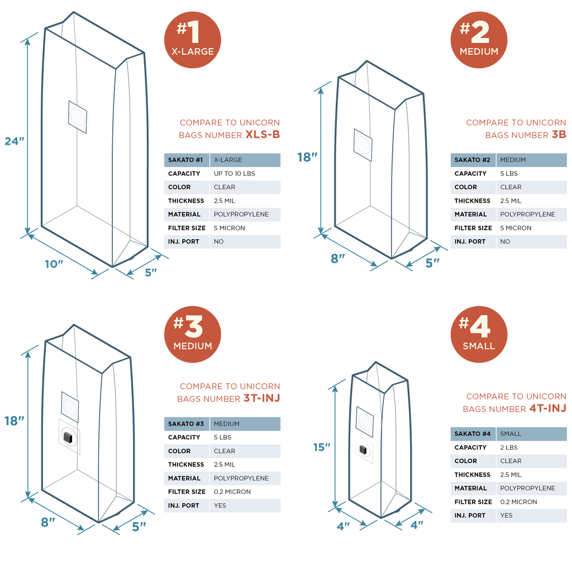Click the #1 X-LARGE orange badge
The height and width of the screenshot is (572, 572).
point(192,39)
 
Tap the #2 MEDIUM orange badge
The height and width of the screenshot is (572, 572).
point(479,39)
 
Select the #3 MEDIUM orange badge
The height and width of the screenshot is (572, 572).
point(192,334)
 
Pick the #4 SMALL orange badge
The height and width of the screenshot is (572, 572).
point(479,334)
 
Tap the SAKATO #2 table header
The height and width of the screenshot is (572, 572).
point(472,160)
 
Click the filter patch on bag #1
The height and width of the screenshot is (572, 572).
point(78,117)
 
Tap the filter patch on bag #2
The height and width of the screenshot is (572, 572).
point(363,144)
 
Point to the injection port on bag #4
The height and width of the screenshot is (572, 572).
point(363,449)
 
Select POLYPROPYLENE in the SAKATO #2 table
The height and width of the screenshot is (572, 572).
point(527,214)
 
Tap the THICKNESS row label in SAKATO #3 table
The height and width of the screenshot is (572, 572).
point(186,465)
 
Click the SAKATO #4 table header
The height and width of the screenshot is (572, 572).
point(472,433)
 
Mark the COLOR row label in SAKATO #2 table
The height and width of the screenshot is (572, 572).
point(466,187)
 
